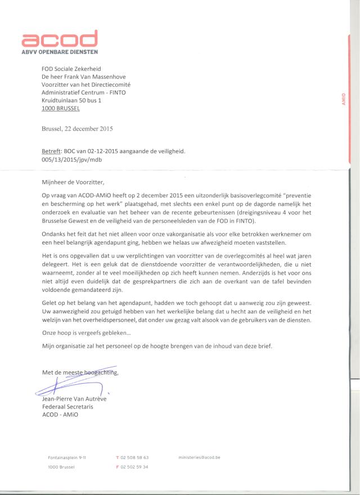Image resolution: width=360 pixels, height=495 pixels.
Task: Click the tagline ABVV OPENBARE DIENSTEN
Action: pyautogui.click(x=60, y=52)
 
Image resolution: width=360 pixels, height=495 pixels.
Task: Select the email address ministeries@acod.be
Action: pyautogui.click(x=200, y=458)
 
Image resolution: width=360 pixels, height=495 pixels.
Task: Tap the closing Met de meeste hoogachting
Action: pyautogui.click(x=80, y=372)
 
